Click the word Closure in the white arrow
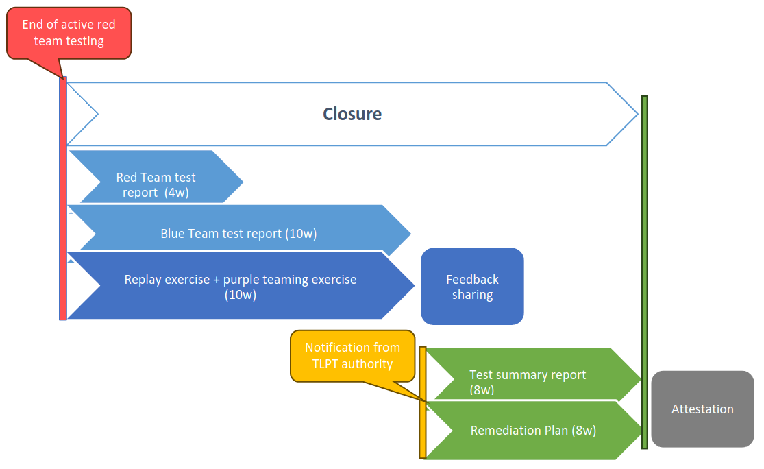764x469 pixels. pyautogui.click(x=352, y=114)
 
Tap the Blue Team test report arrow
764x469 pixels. pyautogui.click(x=238, y=234)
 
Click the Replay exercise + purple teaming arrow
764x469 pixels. pyautogui.click(x=240, y=287)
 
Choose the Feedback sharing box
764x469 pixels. pyautogui.click(x=472, y=287)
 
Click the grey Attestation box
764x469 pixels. pyautogui.click(x=702, y=409)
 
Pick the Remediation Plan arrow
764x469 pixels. pyautogui.click(x=533, y=431)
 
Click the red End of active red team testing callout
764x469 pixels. pyautogui.click(x=69, y=33)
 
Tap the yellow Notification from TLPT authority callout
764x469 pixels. pyautogui.click(x=352, y=356)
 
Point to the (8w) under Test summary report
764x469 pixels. pyautogui.click(x=482, y=389)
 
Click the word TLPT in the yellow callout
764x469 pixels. pyautogui.click(x=325, y=364)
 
